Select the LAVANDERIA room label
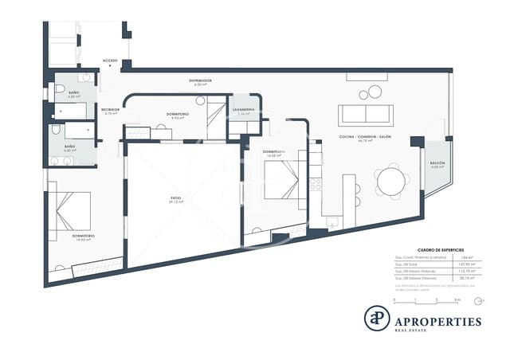[x=244, y=109]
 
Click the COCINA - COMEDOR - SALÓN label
[x=366, y=137]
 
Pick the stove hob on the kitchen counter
[x=316, y=184]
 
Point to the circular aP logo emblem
[x=377, y=318]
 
